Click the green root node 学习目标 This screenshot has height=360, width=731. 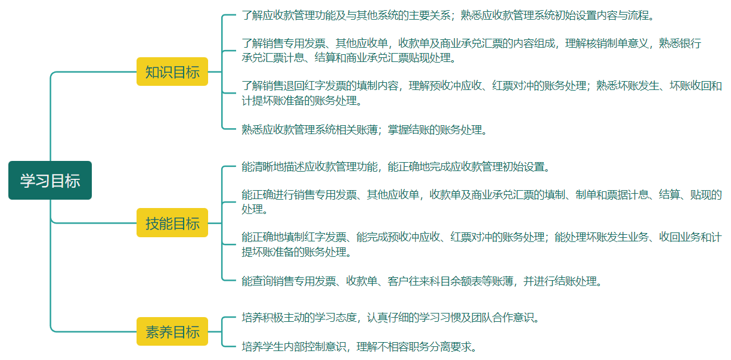point(50,181)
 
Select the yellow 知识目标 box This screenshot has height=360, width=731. point(172,72)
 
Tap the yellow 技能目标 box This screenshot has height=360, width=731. point(172,223)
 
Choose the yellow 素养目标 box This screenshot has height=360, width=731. point(172,331)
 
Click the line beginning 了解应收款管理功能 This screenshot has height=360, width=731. point(448,15)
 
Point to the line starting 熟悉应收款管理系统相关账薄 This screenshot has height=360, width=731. point(364,129)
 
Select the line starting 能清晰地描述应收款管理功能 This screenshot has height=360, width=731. point(395,166)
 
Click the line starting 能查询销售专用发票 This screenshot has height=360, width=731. point(422,281)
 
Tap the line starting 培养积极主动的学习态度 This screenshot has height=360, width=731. point(391,317)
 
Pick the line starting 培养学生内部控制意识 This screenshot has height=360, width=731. point(359,346)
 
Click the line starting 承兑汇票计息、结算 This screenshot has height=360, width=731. point(349,58)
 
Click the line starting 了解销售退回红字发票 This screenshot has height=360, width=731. point(482,86)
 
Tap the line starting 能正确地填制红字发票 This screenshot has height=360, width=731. point(482,237)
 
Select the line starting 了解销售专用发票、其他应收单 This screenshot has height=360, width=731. point(471,44)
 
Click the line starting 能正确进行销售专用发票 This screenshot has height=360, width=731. point(482,195)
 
